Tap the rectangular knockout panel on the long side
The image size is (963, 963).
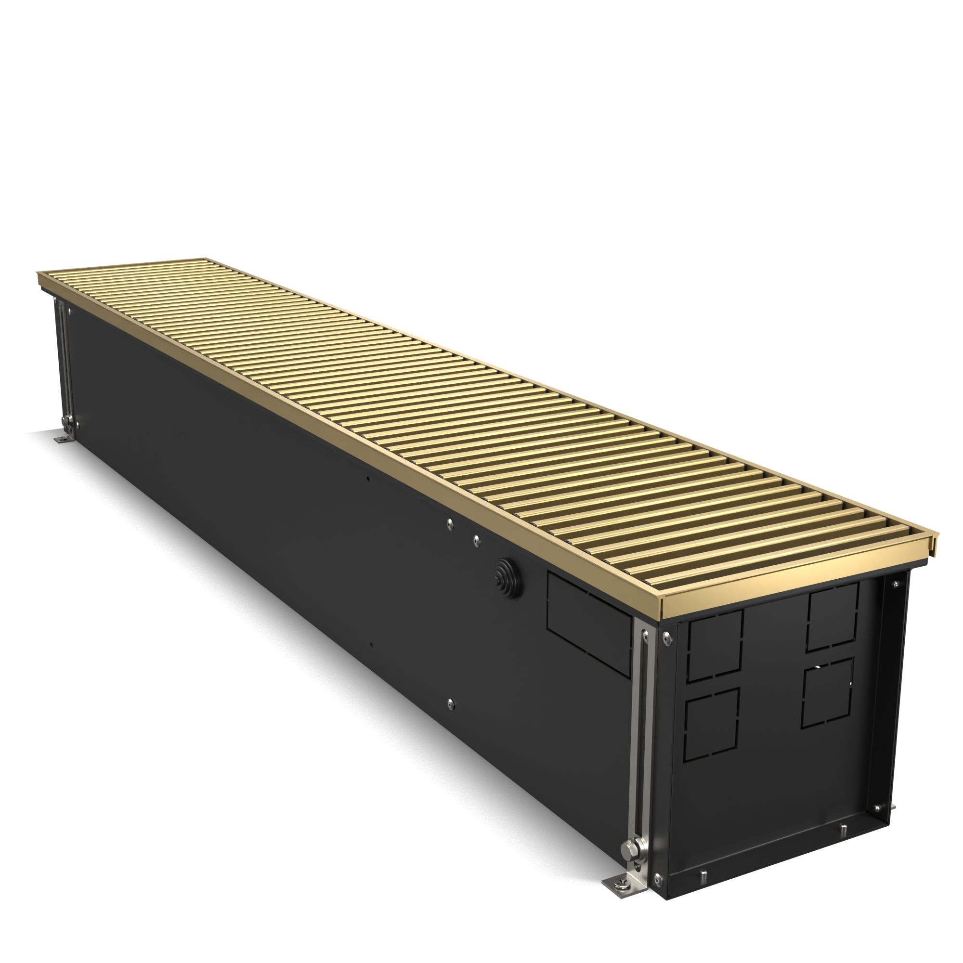tap(589, 624)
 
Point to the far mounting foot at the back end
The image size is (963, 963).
tap(62, 439)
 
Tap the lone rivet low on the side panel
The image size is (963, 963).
tap(451, 703)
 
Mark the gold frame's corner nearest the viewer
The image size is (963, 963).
tap(662, 603)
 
